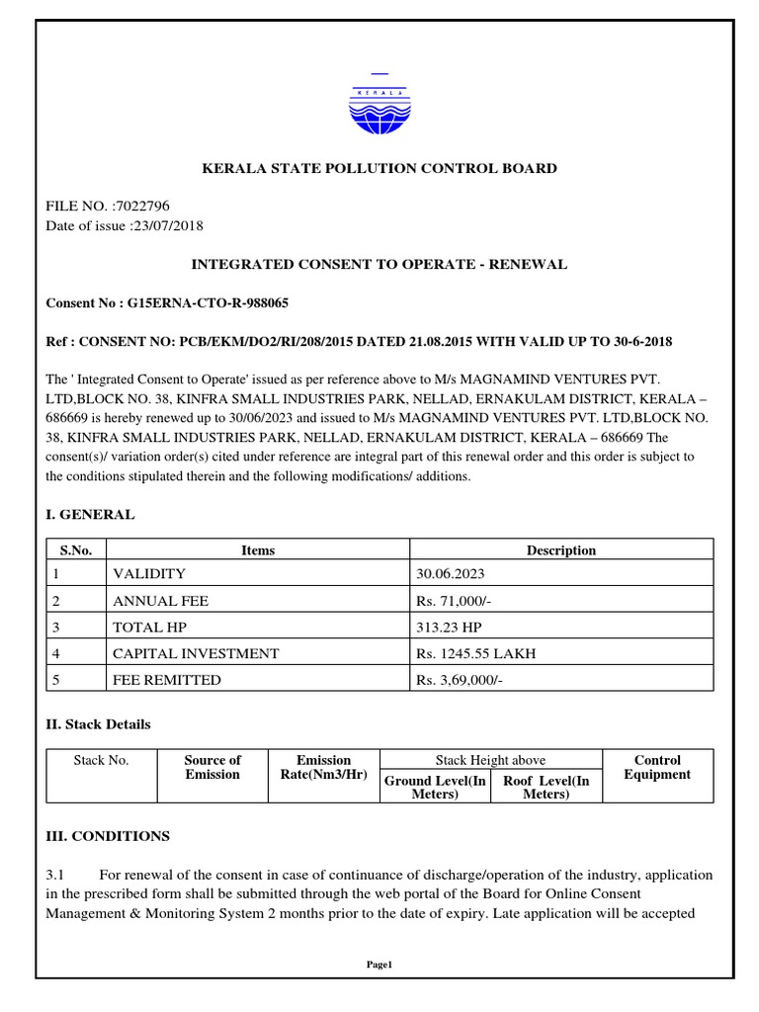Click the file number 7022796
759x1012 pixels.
(142, 207)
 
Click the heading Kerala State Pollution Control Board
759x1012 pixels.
(379, 168)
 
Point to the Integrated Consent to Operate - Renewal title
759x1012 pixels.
(379, 265)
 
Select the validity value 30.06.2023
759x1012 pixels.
(450, 574)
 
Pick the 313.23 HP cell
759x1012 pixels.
(449, 627)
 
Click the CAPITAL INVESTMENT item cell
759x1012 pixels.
(196, 653)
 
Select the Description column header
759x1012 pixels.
(560, 550)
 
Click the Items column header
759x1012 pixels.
(258, 550)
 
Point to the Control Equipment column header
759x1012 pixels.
(657, 768)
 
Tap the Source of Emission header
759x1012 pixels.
(212, 768)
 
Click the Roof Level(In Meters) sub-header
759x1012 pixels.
(546, 788)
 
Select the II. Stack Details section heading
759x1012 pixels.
(99, 724)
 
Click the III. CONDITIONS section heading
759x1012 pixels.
(108, 836)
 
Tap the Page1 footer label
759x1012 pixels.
(379, 965)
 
